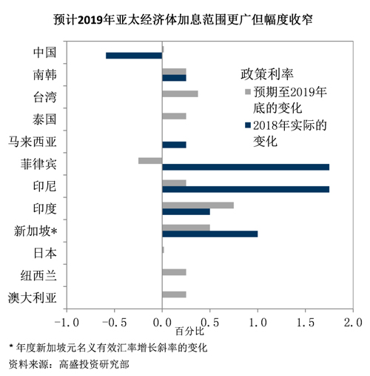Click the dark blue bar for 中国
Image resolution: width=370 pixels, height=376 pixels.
coord(134,56)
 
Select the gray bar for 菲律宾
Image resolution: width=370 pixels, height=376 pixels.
coord(150,161)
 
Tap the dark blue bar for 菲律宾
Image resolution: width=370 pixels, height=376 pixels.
coord(246,167)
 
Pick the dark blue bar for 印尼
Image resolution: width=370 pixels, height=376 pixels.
coord(246,189)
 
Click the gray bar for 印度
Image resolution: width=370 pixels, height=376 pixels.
coord(198,205)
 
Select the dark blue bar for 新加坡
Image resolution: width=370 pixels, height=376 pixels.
coord(210,234)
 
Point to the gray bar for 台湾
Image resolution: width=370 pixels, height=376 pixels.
coord(180,93)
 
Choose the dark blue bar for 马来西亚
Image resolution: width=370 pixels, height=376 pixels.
coord(174,145)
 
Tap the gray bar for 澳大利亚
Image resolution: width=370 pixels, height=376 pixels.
coord(174,294)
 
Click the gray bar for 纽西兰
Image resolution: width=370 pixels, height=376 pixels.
coord(174,272)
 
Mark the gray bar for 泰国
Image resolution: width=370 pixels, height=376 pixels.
coord(174,116)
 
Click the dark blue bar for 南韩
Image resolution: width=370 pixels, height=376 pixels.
coord(174,78)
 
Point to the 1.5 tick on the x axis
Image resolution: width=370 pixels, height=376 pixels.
coord(306,310)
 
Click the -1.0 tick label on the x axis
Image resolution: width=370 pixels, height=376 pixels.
coord(67,323)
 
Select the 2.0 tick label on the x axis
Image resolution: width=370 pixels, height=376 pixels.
coord(353,323)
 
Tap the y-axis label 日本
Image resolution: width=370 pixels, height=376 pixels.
coord(45,254)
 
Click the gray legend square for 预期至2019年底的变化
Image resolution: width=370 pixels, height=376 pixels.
coord(248,92)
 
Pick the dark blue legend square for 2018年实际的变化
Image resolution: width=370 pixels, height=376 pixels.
coord(248,125)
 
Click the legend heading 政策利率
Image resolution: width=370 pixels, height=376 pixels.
coord(267,74)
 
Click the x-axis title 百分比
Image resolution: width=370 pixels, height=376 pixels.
coord(189,332)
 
